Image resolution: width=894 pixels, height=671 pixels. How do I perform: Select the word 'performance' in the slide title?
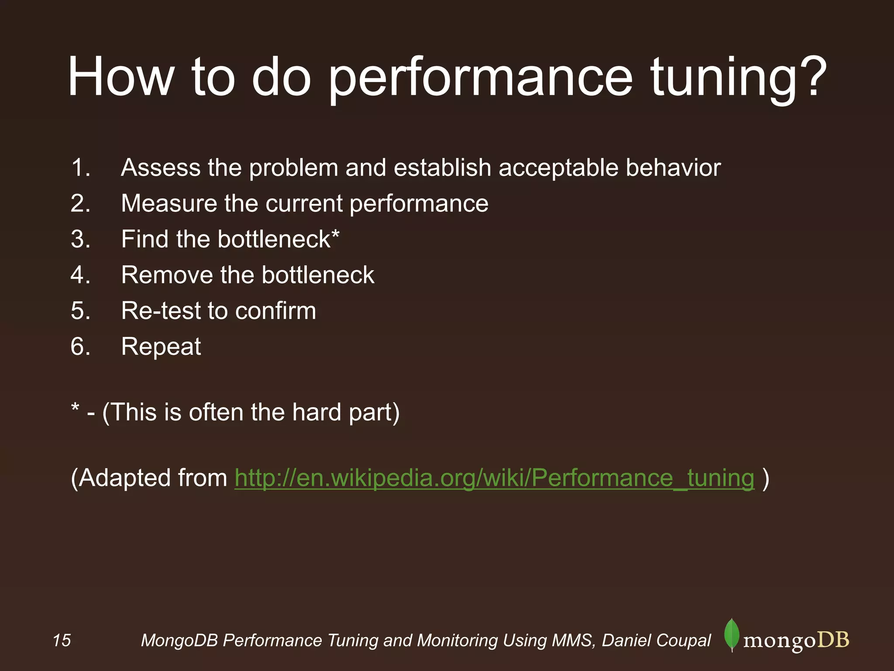point(480,79)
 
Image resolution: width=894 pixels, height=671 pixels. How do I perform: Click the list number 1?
point(80,168)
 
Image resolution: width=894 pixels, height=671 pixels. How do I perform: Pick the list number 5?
point(80,311)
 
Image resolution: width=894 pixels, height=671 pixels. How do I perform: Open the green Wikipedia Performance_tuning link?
point(494,478)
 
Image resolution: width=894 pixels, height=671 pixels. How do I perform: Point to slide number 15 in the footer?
point(62,640)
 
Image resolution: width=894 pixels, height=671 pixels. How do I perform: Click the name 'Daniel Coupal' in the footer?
point(656,640)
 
